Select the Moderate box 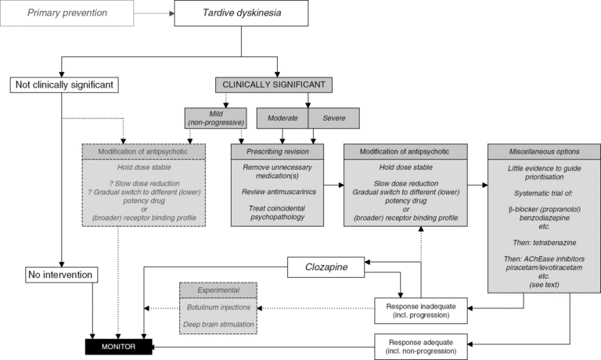click(x=282, y=117)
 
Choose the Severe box click(x=334, y=117)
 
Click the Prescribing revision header click(x=282, y=152)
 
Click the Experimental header click(x=219, y=290)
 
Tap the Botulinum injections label click(x=219, y=307)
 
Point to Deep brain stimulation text click(x=219, y=324)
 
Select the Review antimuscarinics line click(x=282, y=193)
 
